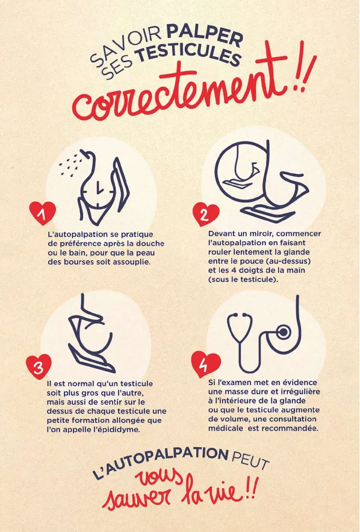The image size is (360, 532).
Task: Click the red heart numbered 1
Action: tap(42, 213)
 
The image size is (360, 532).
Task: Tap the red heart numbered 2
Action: tap(206, 214)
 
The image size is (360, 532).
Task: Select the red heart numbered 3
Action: tap(39, 366)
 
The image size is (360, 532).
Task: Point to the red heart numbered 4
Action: tap(205, 364)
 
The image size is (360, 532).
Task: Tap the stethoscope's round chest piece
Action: tap(284, 331)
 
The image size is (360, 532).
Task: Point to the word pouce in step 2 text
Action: tap(265, 261)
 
